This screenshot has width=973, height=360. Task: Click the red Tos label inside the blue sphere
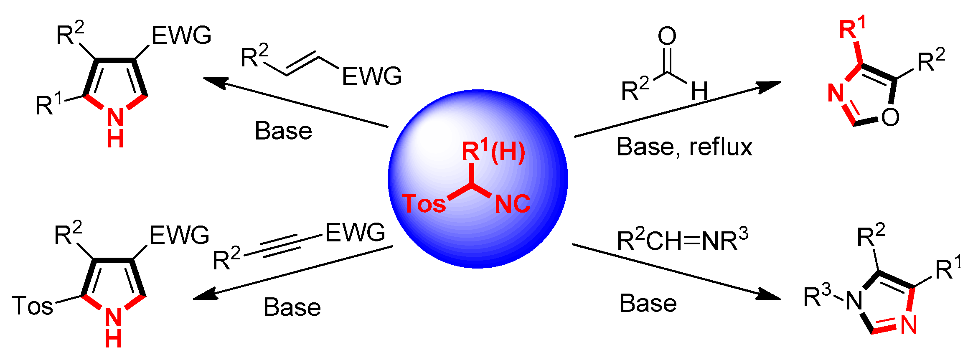423,204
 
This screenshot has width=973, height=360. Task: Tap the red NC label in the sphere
512,204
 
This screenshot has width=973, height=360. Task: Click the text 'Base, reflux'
684,147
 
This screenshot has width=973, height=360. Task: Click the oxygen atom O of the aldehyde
667,36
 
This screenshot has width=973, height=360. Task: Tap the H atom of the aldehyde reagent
699,91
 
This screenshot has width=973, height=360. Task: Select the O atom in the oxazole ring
890,117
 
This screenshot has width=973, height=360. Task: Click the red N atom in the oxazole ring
836,93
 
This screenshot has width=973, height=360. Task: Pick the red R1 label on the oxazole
852,28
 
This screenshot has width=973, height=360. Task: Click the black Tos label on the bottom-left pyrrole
33,306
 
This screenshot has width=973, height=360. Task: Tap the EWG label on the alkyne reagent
355,233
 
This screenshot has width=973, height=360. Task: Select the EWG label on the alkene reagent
372,76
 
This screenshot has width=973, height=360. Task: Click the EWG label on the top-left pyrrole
181,35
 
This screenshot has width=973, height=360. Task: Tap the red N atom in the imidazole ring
909,325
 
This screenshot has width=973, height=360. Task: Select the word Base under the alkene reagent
283,131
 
